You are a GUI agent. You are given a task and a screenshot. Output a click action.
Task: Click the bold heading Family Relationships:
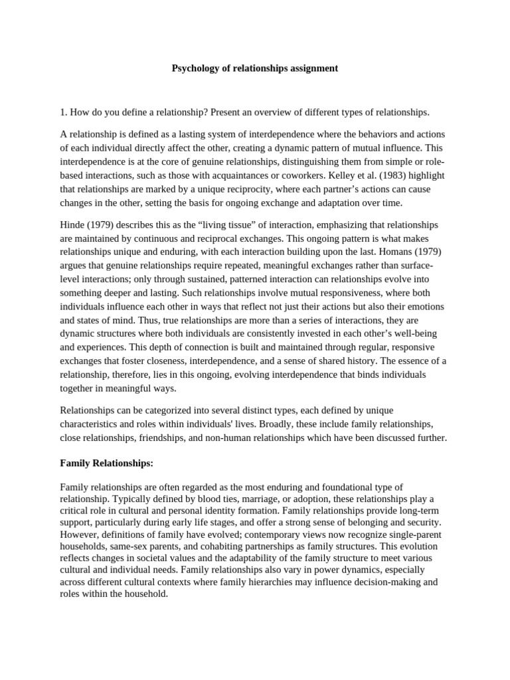(x=106, y=462)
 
